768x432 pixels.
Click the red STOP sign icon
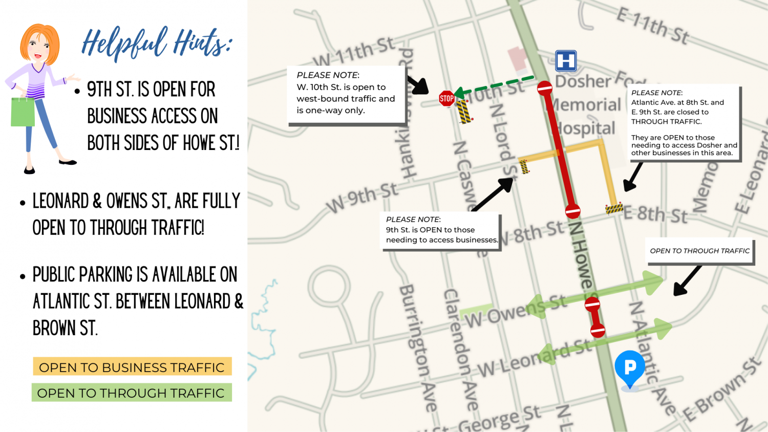[446, 98]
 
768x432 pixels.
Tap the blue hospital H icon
[566, 61]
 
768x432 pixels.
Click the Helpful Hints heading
[157, 43]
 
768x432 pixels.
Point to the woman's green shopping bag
[23, 111]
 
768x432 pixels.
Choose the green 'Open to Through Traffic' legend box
[132, 393]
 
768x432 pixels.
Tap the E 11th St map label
[652, 26]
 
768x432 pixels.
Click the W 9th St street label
[362, 198]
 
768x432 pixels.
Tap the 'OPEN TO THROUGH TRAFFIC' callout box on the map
[700, 251]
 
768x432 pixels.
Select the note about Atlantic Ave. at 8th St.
[683, 123]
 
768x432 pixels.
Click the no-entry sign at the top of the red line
[545, 88]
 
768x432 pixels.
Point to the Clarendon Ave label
[460, 348]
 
